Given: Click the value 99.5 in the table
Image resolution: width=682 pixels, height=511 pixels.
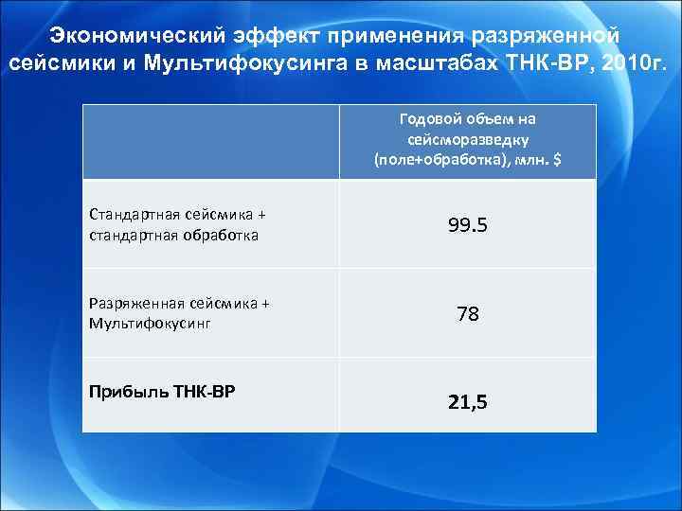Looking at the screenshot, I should (468, 225).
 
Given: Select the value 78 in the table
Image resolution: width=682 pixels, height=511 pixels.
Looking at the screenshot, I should (468, 313).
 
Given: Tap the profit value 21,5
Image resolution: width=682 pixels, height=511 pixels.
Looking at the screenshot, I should (468, 402).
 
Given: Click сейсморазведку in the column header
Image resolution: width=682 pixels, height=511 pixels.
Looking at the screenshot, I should (468, 138).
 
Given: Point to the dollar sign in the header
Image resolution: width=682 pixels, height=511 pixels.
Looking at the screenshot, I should (556, 159).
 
